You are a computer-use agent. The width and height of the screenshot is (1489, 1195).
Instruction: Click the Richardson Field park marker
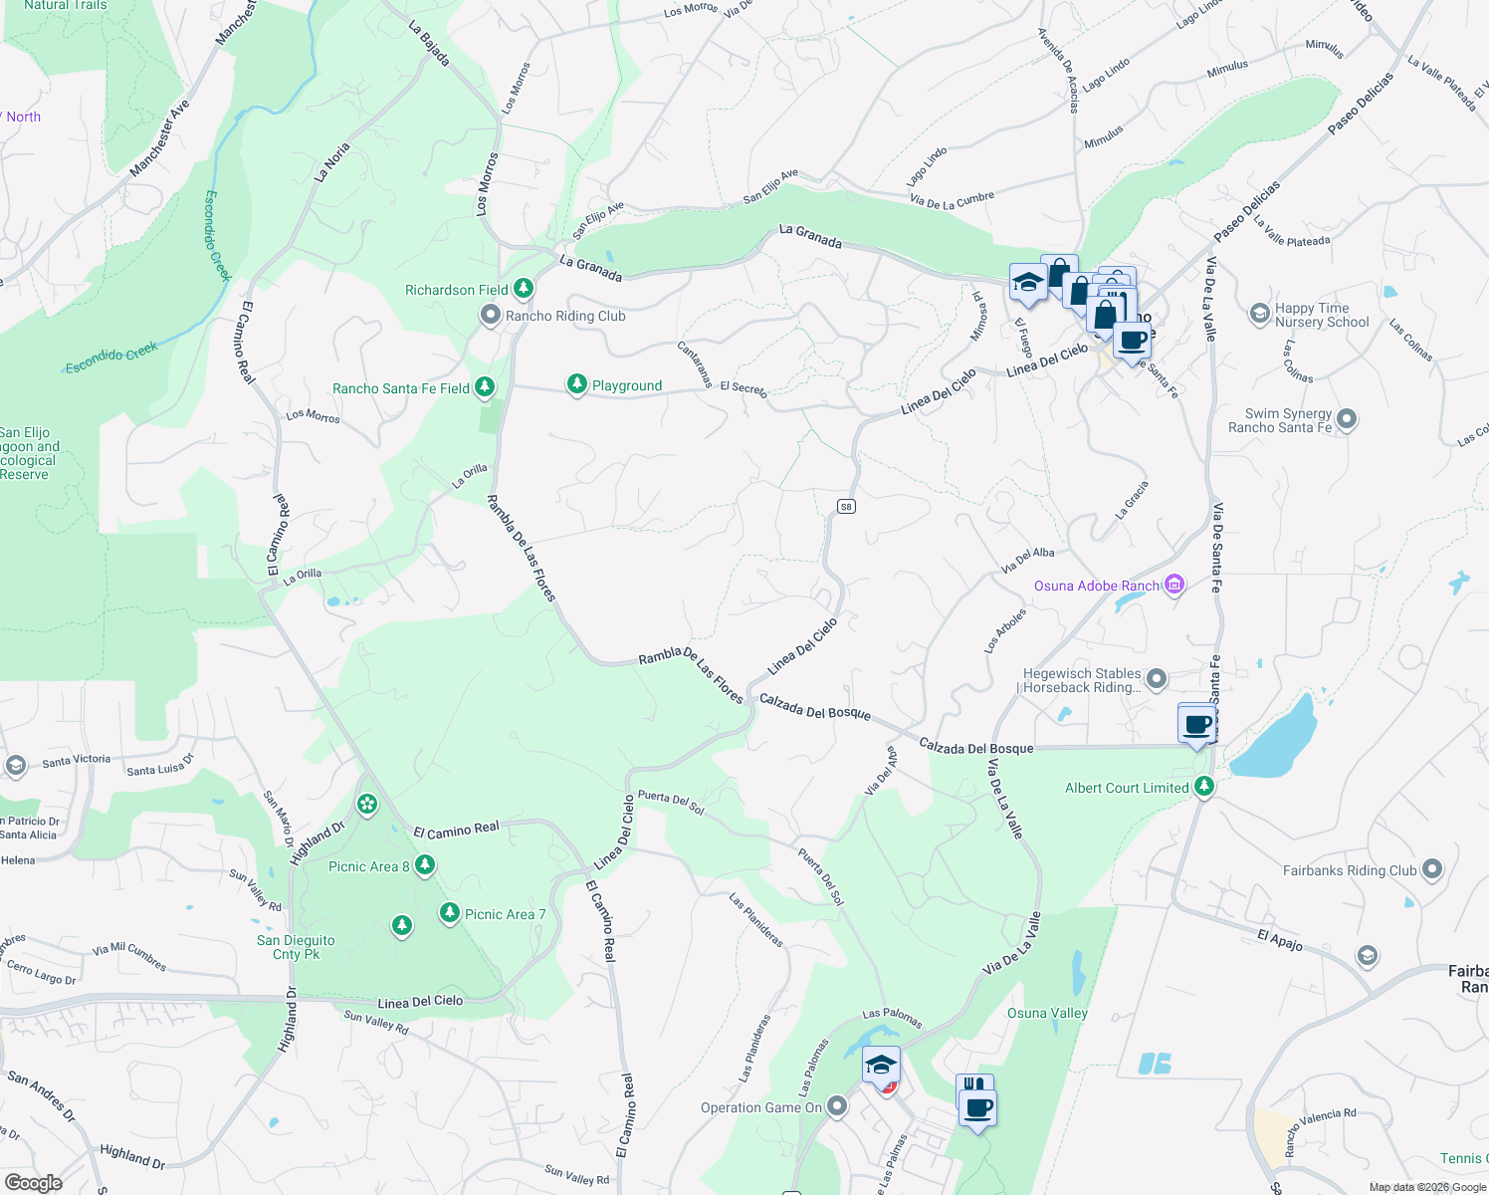523,289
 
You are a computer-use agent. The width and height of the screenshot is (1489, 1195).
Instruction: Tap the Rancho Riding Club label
565,316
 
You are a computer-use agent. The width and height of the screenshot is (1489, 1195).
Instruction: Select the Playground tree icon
576,384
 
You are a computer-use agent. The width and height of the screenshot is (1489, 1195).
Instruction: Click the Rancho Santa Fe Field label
401,388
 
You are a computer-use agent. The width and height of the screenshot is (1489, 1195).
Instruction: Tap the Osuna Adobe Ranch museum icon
1174,585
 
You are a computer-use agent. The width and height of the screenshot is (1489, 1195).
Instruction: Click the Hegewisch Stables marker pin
1156,680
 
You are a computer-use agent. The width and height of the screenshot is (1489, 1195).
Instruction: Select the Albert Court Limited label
1127,788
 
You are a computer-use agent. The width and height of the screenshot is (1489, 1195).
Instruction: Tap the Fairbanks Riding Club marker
1432,869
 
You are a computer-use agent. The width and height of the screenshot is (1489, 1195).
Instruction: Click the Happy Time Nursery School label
1322,315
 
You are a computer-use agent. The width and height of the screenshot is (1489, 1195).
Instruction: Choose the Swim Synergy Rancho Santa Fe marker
1347,419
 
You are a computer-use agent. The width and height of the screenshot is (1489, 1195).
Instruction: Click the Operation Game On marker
837,1106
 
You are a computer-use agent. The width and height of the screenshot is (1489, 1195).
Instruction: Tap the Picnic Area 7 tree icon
450,912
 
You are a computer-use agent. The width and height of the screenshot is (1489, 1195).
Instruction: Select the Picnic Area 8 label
368,866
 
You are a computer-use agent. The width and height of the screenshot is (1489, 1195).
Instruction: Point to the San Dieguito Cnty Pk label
296,947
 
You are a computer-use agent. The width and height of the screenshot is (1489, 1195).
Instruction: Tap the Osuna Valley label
1047,1013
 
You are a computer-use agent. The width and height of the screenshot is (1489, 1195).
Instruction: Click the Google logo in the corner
33,1182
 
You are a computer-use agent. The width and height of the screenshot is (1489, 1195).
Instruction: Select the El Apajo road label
1280,938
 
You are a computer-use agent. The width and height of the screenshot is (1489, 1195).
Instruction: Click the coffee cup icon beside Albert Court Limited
1198,724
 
